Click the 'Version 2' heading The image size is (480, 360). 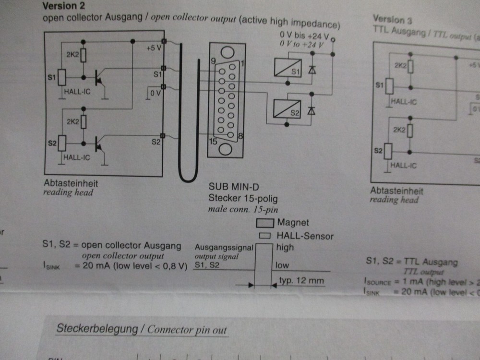coord(60,6)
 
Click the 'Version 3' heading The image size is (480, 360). coord(392,20)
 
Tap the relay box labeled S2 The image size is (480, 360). coord(287,108)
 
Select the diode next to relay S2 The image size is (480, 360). coord(312,110)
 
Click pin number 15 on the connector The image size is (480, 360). coord(213,142)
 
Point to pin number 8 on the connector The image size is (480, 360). coord(240,136)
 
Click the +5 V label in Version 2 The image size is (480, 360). coord(154,48)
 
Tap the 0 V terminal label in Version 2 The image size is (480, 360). coord(155,93)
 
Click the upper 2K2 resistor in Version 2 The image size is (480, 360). coord(84,56)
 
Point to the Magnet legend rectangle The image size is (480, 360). coord(264,223)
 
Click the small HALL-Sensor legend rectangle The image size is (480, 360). coord(264,236)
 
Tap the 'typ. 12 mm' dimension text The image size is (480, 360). coord(301,281)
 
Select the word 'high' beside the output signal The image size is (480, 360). coord(285,248)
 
